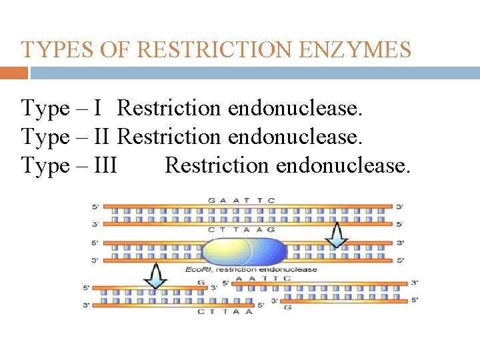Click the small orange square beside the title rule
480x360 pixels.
[14, 73]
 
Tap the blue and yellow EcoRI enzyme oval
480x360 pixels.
[243, 252]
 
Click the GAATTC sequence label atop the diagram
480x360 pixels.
[241, 200]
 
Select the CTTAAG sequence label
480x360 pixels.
[241, 229]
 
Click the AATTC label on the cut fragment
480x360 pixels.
[263, 278]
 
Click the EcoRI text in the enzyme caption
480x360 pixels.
[199, 269]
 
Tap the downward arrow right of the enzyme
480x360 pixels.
[337, 234]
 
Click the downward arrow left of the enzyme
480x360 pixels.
[155, 275]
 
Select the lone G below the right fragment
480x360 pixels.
[287, 308]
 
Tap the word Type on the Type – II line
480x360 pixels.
[45, 136]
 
